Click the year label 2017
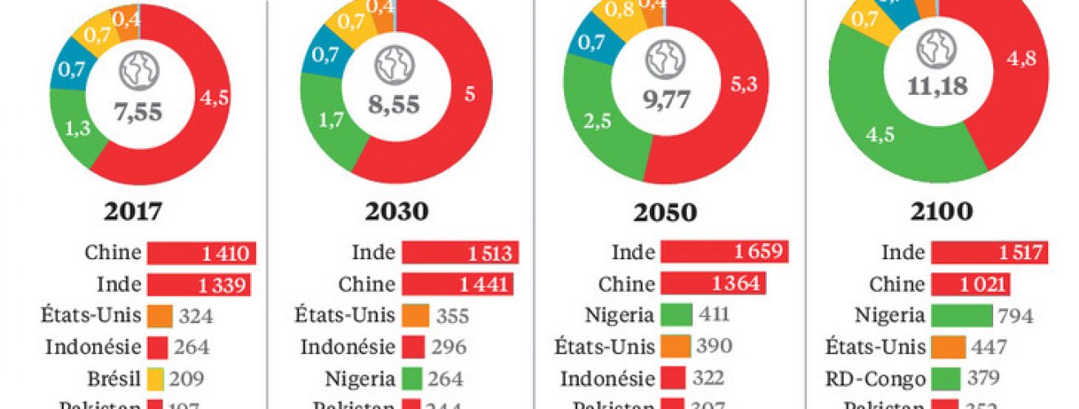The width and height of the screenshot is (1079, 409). [133, 212]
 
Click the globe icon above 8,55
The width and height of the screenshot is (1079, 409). [395, 64]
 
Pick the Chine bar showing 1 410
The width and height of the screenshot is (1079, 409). [202, 254]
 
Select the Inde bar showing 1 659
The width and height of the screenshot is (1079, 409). [724, 253]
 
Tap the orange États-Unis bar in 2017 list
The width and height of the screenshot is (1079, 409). [159, 316]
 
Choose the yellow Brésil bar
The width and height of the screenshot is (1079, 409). [158, 379]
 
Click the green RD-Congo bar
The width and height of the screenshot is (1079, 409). [944, 379]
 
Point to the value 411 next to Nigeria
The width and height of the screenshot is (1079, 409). [714, 316]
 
